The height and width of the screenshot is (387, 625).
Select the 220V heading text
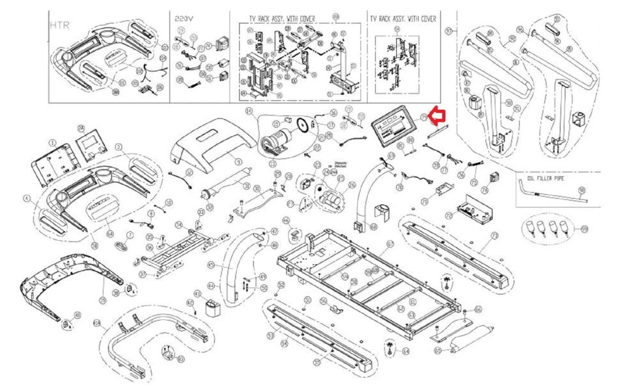[183, 19]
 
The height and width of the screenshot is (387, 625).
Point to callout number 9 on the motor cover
[239, 161]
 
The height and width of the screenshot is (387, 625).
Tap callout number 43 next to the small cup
[190, 302]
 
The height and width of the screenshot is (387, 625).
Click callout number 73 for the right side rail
[494, 235]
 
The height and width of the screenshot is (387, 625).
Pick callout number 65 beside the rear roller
[437, 351]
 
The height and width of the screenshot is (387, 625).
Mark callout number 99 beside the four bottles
[584, 229]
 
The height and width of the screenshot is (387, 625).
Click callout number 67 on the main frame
[390, 244]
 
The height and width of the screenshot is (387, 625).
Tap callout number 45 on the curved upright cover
[210, 265]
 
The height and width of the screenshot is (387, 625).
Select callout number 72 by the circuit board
[449, 215]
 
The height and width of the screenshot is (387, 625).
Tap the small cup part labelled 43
[212, 306]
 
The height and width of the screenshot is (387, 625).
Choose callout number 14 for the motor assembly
[248, 112]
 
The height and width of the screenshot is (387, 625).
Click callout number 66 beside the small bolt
[477, 309]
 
